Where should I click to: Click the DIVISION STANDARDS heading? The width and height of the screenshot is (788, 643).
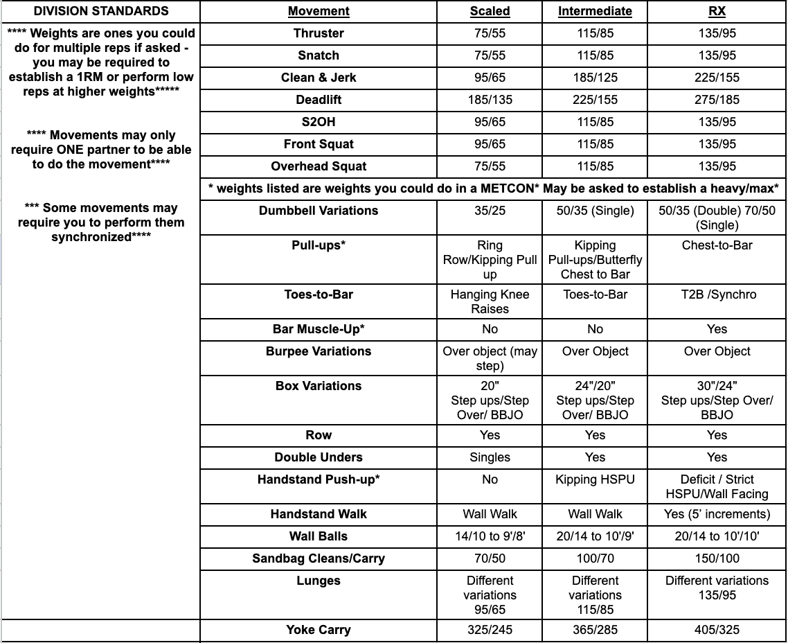pos(101,11)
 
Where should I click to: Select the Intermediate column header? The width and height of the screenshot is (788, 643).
pos(595,11)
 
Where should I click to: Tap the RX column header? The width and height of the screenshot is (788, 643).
pos(717,11)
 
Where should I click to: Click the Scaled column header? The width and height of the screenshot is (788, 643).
pos(490,11)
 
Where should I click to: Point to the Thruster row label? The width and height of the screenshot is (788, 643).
pos(319,33)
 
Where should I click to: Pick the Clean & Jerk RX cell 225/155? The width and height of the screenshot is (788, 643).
pos(717,78)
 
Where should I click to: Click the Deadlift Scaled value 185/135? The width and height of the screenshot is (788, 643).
pos(490,100)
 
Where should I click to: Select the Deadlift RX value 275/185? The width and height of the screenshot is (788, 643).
pos(717,100)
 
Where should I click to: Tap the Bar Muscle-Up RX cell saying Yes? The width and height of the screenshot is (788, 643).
pos(717,329)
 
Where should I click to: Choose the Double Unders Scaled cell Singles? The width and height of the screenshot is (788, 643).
pos(490,457)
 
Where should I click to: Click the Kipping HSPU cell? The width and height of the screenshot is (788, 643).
pos(595,479)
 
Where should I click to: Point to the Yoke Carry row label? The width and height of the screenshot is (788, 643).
pos(319,630)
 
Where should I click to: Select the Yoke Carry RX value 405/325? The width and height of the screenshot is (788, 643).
pos(717,630)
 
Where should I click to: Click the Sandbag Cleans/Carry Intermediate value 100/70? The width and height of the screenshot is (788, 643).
pos(595,558)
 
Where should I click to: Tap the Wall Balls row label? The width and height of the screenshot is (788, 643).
pos(319,536)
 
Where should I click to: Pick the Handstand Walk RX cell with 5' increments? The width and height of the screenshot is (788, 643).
pos(717,514)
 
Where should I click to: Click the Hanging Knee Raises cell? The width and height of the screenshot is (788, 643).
pos(490,301)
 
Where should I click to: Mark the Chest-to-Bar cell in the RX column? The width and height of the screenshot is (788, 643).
pos(717,245)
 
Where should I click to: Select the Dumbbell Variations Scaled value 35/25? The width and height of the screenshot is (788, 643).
pos(490,211)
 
